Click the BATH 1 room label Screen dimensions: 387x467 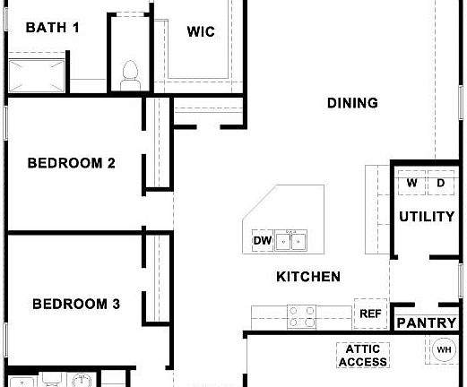coord(53,27)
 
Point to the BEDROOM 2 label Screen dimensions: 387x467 coord(71,163)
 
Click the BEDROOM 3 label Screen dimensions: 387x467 coord(75,305)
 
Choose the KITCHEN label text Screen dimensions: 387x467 coord(307,277)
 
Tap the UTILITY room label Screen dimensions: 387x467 coord(427,216)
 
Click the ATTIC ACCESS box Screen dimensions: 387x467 coord(363,356)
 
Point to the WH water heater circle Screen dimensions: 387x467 coord(444,349)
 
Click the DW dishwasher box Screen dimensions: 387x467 coord(262,241)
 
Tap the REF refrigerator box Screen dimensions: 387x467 coord(369,314)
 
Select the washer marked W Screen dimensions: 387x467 coord(411,184)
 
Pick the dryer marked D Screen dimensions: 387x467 coord(440,184)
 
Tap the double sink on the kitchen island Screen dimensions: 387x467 coord(291,240)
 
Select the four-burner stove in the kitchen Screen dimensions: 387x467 coord(301,315)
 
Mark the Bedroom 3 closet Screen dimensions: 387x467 coord(157,278)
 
